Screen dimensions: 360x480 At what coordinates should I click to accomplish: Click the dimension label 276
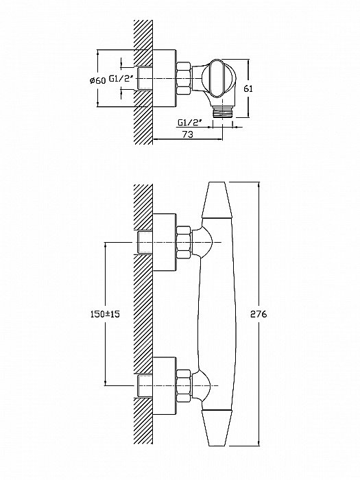259,314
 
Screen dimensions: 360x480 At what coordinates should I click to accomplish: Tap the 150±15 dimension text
105,314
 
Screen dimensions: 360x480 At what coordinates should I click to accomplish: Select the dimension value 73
188,134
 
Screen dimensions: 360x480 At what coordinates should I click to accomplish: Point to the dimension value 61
248,88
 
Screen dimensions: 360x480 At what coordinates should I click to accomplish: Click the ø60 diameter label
97,80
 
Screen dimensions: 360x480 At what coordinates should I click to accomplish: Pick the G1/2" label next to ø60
121,79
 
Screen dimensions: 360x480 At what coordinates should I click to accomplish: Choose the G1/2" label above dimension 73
190,123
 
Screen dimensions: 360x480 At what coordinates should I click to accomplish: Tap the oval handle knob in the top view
218,79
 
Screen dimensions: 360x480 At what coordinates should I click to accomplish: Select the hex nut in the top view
184,78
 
